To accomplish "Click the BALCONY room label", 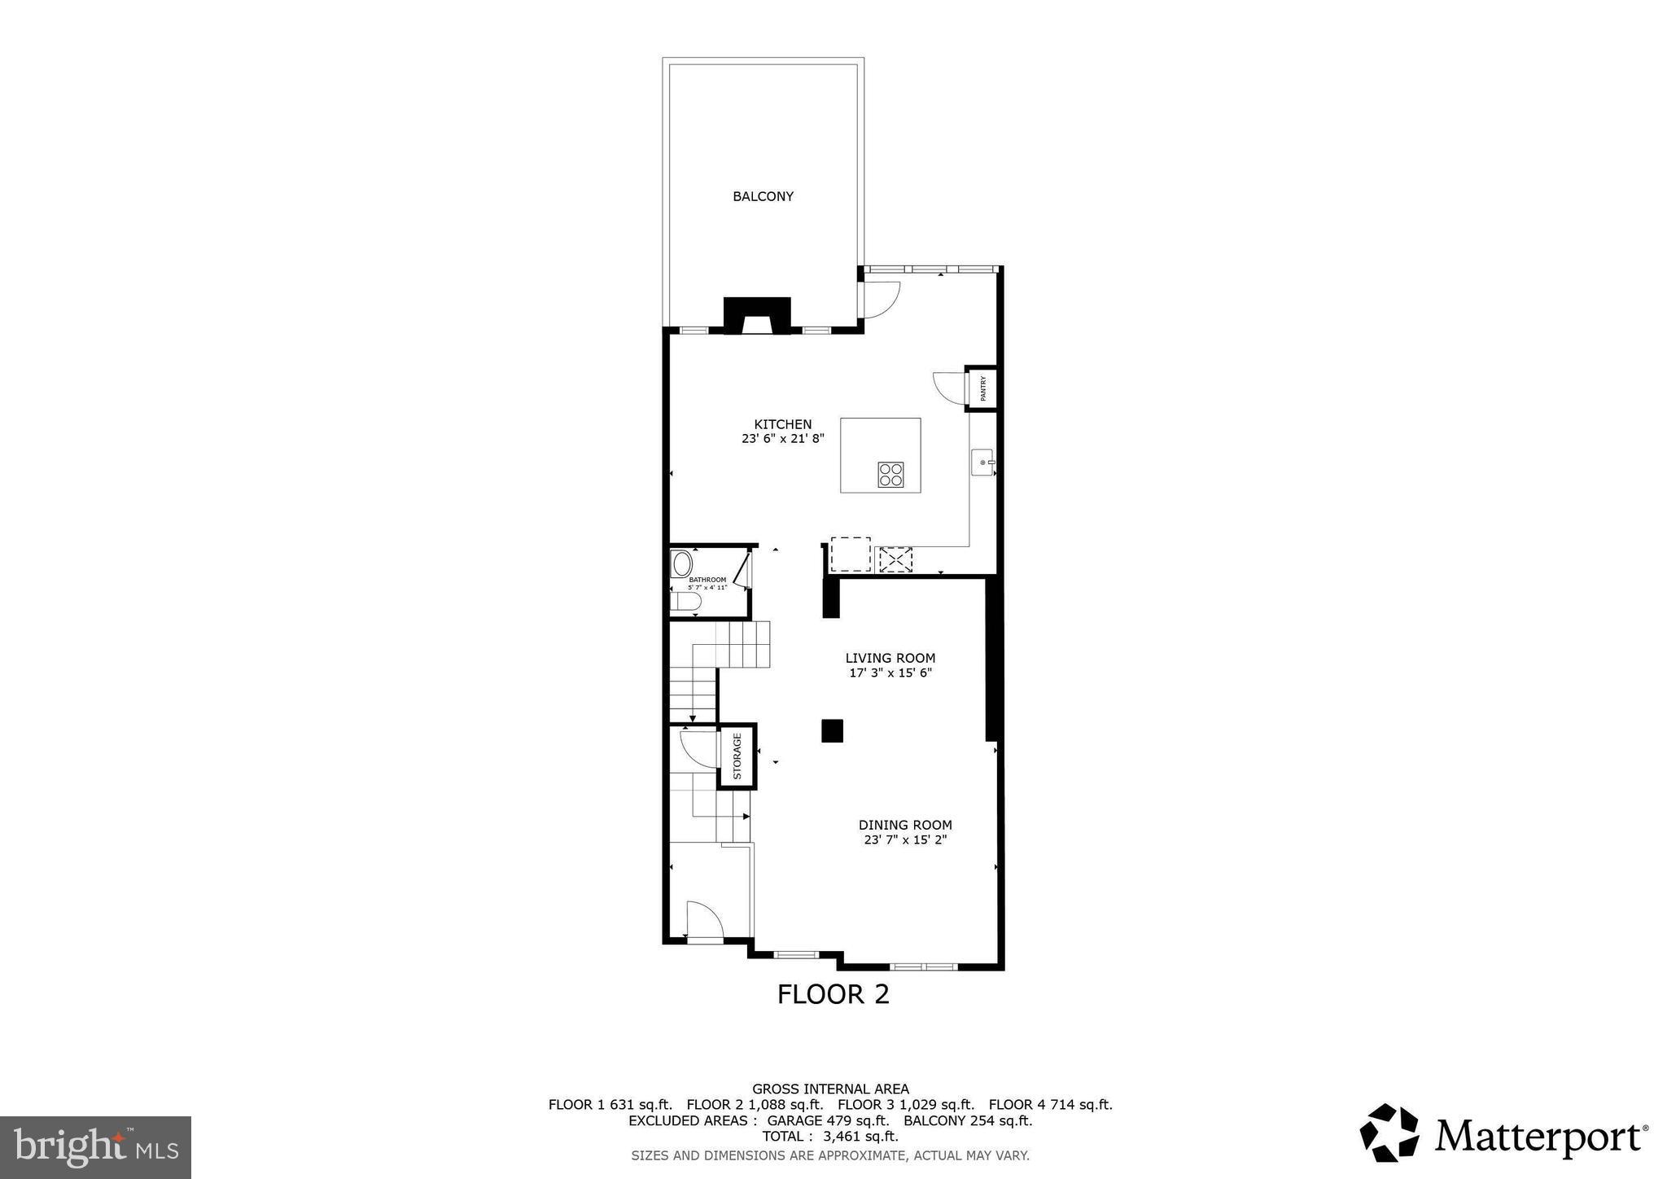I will (763, 196).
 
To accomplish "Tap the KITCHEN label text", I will (782, 424).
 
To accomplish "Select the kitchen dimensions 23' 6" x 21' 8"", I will (782, 438).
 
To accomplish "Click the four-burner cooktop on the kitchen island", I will (890, 474).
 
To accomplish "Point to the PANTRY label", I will (983, 388).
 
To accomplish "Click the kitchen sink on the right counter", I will (983, 462).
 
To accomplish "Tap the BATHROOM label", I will (707, 580).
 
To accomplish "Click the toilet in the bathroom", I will (686, 602).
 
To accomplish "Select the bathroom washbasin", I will (681, 563).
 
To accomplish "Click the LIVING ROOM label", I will (890, 658).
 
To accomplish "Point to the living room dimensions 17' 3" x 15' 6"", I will (890, 673).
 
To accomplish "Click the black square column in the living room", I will (832, 730).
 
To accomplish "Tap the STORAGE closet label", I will (737, 756).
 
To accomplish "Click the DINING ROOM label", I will (904, 825).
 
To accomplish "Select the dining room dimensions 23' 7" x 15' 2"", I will (904, 839).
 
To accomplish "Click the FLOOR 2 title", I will (833, 994).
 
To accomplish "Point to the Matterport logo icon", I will (1389, 1133).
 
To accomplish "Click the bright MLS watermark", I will (95, 1147).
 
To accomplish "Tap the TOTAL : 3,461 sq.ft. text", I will (829, 1136).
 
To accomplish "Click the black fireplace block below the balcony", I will (757, 314).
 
